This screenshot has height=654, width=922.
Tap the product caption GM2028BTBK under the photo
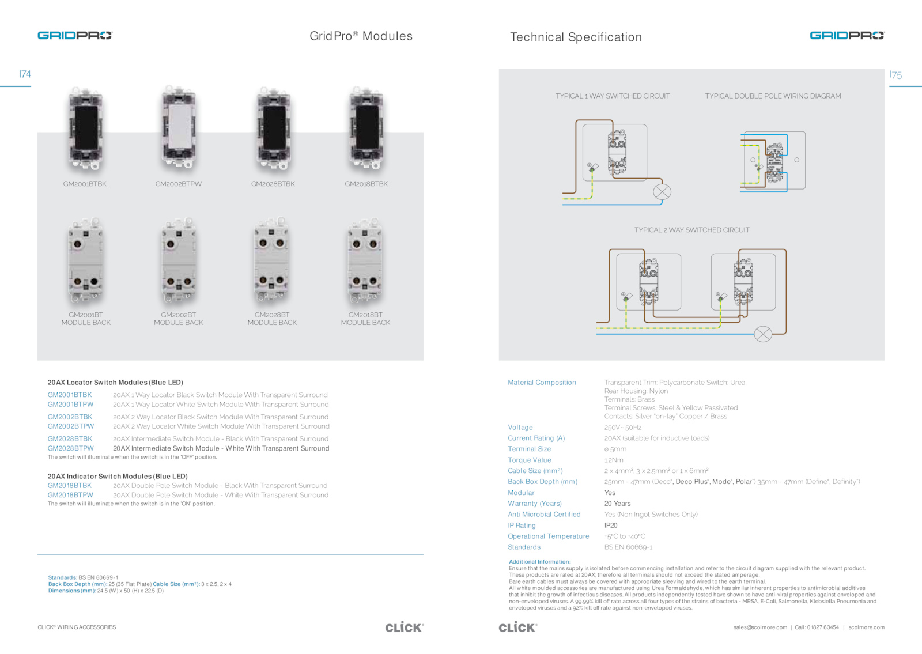point(273,184)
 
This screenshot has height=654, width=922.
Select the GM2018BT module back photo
point(365,261)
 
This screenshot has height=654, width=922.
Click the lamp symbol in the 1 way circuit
point(662,192)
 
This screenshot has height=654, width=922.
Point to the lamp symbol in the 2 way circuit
point(763,334)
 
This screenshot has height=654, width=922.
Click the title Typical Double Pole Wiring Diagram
point(773,96)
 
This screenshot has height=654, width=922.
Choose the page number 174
point(25,74)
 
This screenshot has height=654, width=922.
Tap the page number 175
point(895,75)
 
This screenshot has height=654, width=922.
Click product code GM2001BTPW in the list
point(70,405)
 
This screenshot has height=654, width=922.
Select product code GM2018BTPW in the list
point(70,495)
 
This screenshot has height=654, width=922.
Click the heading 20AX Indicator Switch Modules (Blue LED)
point(118,476)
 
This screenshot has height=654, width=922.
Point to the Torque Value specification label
point(529,460)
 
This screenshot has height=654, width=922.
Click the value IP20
point(611,526)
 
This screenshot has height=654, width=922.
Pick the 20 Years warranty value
point(617,504)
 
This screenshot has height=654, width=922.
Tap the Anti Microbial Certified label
point(544,515)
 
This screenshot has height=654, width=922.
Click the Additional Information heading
point(539,561)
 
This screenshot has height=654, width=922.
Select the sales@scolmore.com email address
point(760,627)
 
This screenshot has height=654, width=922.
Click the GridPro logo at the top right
point(847,36)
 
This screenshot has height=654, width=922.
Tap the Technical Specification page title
point(576,37)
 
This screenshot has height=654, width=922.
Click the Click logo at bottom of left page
point(404,627)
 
